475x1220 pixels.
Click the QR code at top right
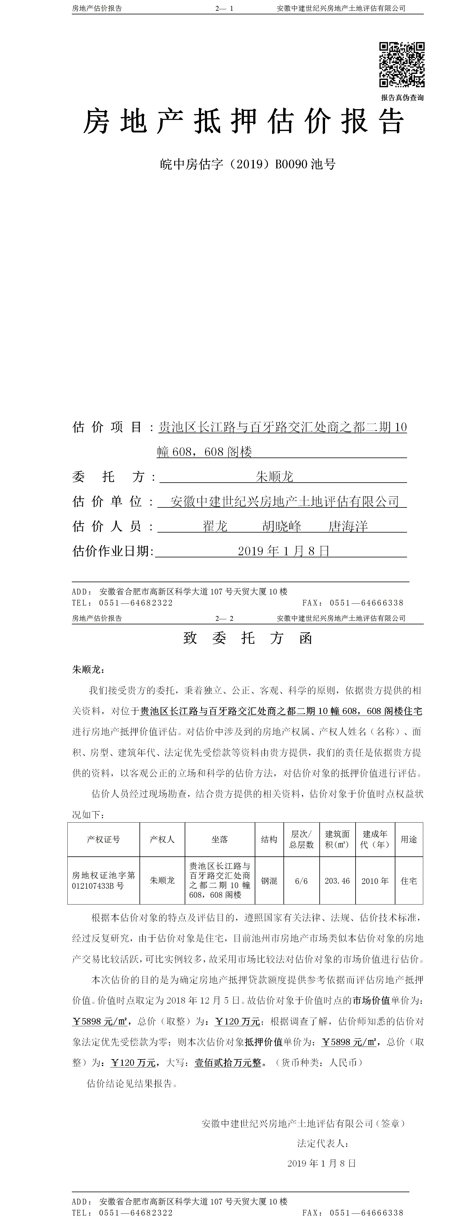[402, 64]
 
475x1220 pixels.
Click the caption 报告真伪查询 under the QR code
[402, 97]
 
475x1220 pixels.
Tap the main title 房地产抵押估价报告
[244, 121]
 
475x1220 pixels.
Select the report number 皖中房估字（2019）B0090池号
[248, 164]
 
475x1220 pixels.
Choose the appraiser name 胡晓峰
[282, 526]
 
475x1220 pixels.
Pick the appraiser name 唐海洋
[348, 526]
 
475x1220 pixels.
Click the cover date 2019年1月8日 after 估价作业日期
[283, 551]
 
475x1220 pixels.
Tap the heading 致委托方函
[248, 638]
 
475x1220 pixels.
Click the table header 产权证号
[103, 839]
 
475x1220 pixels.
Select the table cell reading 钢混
[269, 881]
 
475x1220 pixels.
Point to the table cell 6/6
[301, 881]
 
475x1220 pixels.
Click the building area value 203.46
[337, 881]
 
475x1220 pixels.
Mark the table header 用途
[409, 839]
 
